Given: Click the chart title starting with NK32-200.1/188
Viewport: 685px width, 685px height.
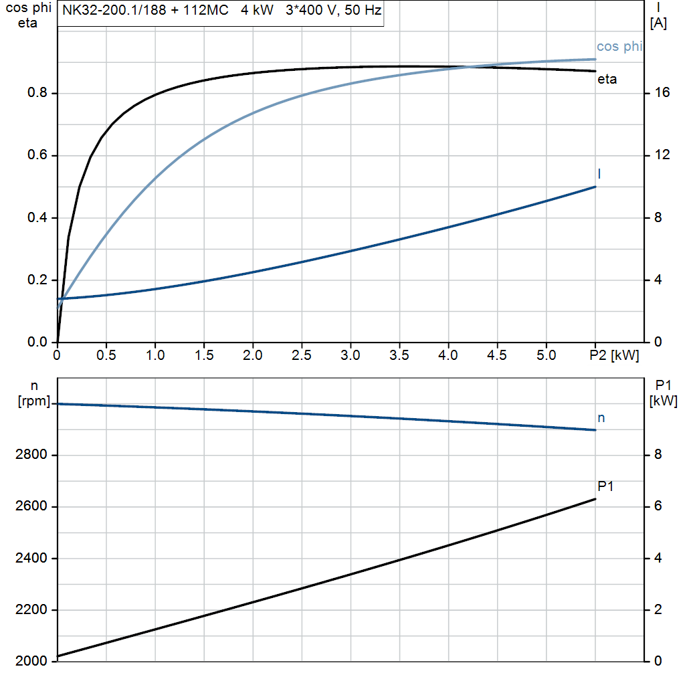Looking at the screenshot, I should [221, 11].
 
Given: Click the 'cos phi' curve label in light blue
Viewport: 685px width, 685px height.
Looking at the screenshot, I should [619, 46].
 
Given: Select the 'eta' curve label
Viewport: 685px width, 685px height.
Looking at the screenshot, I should [607, 80].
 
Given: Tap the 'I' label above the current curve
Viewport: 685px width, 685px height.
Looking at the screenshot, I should [599, 174].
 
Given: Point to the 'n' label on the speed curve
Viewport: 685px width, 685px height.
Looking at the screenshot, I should [601, 418].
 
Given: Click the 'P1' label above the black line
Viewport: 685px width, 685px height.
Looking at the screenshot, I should [605, 487].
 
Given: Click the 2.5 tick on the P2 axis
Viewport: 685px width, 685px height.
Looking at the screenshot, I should [302, 355].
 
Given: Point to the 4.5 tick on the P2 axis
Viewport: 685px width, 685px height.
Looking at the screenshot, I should [497, 355].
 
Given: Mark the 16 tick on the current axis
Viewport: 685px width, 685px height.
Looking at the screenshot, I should [662, 93].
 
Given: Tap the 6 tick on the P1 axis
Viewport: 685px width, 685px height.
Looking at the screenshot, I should [658, 506].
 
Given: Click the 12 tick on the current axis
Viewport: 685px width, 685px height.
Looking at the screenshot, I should [662, 155].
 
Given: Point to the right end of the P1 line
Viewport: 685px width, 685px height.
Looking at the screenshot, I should [595, 499].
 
